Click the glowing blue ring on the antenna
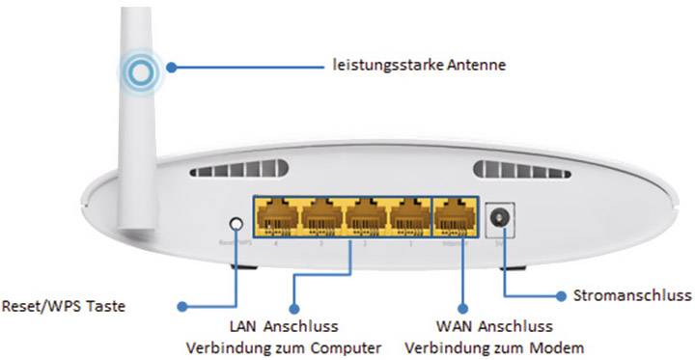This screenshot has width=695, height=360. pos(142,70)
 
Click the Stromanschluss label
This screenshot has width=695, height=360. pos(632,294)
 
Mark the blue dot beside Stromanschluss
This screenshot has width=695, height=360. pos(561,294)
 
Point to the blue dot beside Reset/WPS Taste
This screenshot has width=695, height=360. pos(181,307)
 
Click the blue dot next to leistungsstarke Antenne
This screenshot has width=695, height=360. pos(171,67)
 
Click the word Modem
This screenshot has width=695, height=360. pos(514,347)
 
